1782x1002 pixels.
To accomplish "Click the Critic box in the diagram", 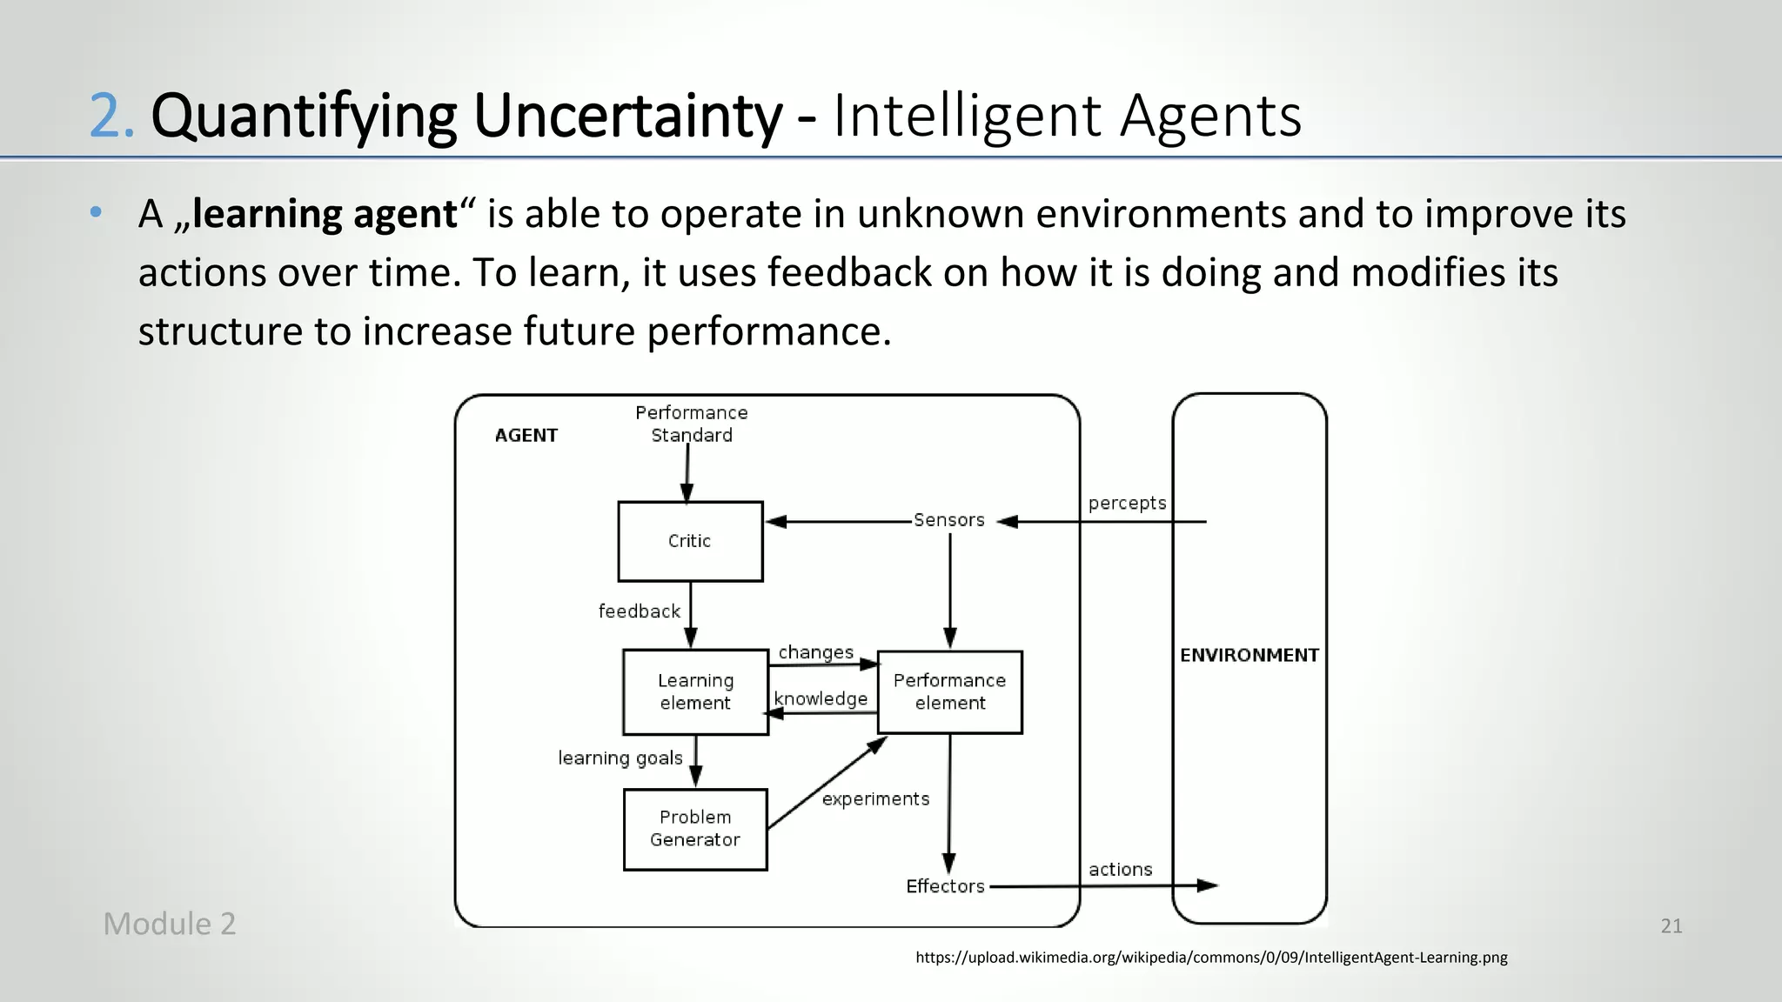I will point(690,541).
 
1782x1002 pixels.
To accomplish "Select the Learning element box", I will point(695,691).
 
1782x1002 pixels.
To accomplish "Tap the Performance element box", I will point(949,691).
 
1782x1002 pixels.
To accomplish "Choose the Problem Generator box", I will point(695,829).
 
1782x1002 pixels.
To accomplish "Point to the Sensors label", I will point(948,520).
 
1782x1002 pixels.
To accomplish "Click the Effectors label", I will point(945,886).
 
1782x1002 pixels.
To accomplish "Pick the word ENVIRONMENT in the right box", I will point(1249,655).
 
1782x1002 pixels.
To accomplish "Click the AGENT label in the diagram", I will point(526,435).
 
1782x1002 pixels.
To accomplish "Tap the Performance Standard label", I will point(692,424).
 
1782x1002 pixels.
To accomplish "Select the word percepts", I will point(1127,503).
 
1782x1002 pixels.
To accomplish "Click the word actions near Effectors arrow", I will point(1120,869).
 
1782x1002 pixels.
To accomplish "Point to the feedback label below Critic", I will point(639,611).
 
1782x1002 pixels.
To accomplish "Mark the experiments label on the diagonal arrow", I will point(875,798).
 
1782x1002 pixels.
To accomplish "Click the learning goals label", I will point(620,758).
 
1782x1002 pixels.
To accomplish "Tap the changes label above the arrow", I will point(815,652).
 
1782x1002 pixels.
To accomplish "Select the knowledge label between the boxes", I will point(821,698).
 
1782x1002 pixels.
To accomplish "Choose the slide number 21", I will point(1671,926).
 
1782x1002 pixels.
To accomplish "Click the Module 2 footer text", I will point(170,924).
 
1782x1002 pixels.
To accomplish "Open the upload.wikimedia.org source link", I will point(1211,958).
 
